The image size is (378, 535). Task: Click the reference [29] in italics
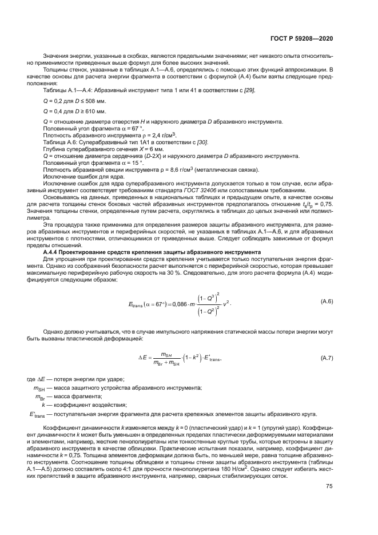249,90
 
